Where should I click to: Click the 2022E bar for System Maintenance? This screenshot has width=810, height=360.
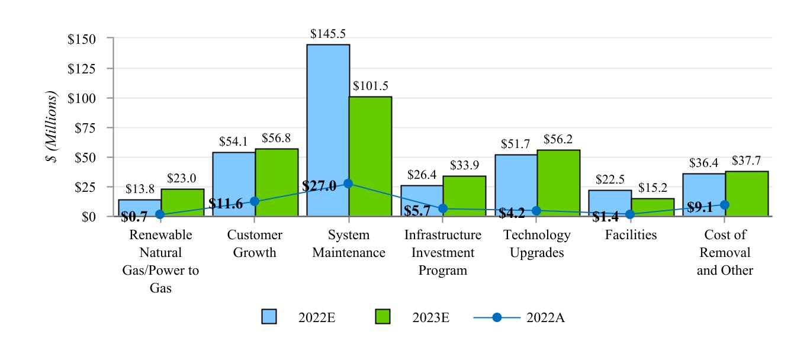pos(328,130)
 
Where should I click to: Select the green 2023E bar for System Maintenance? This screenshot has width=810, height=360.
pos(370,156)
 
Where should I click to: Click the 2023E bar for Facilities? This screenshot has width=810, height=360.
pos(652,207)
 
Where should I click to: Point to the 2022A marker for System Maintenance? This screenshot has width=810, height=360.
pos(348,184)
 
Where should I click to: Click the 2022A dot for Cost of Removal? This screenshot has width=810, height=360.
pos(724,205)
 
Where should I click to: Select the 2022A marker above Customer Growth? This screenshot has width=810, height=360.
pos(255,201)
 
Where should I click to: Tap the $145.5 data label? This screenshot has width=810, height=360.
pos(328,34)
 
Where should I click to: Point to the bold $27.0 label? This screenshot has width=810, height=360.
pos(319,185)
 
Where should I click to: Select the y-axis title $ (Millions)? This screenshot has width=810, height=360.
pos(54,127)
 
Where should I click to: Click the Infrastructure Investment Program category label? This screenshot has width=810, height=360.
pos(443,253)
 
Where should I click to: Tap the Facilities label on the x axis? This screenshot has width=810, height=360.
pos(631,235)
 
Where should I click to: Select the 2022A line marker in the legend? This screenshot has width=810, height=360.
pos(497,317)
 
